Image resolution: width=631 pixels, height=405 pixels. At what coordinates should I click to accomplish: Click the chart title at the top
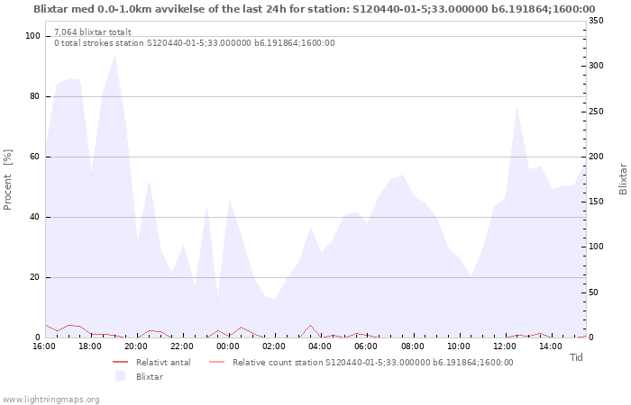pos(315,9)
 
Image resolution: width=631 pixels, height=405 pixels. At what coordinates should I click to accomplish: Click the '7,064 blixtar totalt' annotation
pos(93,32)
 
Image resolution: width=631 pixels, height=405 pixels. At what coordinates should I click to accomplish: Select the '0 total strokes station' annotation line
pos(195,43)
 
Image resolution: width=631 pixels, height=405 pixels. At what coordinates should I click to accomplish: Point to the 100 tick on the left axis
pos(32,36)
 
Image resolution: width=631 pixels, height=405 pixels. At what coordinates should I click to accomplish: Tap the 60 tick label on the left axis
pos(35,157)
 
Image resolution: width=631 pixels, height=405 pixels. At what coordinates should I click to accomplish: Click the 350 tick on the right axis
pos(596,21)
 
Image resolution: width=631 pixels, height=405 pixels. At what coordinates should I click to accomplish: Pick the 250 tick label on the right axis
pos(596,112)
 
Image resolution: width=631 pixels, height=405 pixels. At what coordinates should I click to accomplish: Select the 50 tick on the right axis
pos(593,292)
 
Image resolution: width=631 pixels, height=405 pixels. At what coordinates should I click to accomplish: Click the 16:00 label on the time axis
pos(44,346)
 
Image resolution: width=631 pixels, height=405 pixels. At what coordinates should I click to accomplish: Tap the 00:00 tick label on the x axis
pos(228,346)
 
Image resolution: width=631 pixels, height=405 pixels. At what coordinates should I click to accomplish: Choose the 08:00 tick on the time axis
pos(413,346)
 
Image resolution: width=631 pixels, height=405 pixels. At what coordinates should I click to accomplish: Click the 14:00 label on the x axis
pos(551,346)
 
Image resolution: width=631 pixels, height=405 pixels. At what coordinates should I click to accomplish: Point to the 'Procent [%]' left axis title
pos(7,180)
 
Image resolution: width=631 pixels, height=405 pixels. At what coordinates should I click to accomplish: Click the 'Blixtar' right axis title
pos(623,179)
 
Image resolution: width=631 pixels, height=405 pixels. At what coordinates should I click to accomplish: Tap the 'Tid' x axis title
pos(576,357)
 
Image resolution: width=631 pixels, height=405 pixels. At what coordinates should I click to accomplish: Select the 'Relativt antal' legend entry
pos(151,363)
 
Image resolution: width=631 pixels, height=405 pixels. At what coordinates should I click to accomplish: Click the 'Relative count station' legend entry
pos(361,363)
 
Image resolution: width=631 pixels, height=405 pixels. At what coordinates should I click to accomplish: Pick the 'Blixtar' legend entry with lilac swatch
pos(139,376)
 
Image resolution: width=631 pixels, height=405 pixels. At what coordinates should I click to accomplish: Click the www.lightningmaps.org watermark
pos(50,400)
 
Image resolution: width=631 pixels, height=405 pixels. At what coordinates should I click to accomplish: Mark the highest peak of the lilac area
pos(115,56)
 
